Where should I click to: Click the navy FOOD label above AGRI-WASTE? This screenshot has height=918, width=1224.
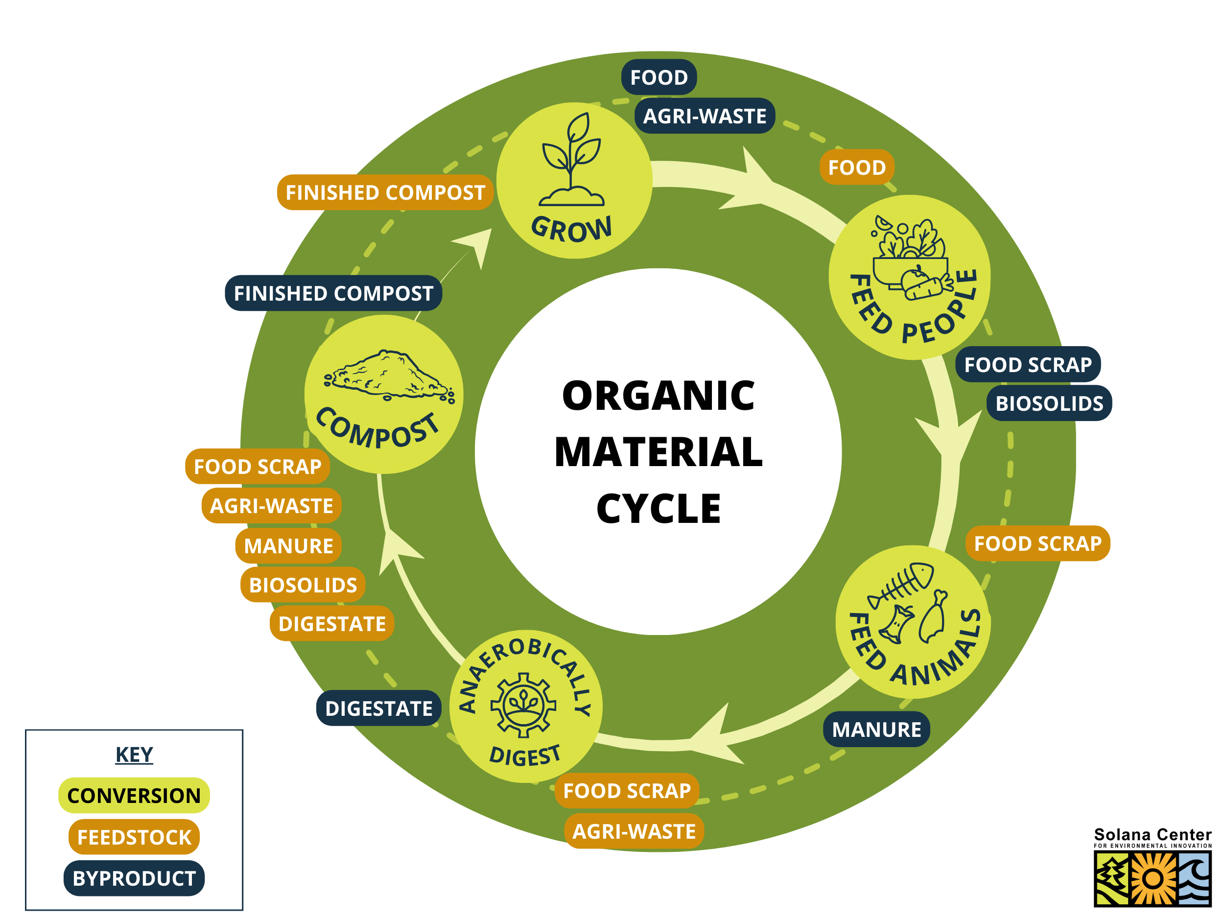(x=659, y=77)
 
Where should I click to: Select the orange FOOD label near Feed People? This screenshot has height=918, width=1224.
(x=857, y=167)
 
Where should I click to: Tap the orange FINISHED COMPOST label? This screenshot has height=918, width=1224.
(x=385, y=192)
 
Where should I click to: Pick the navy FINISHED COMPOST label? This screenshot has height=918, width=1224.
(x=333, y=293)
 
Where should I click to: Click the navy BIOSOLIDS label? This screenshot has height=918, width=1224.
(x=1049, y=403)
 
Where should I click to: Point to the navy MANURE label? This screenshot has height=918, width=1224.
(x=876, y=730)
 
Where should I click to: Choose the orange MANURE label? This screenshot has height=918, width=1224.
(x=288, y=545)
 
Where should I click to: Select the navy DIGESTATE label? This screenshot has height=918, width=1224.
(x=378, y=708)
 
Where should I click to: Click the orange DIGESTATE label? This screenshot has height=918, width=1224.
(x=332, y=624)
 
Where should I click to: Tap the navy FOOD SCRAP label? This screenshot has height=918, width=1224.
(x=1028, y=365)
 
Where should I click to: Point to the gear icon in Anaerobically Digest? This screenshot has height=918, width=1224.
(x=523, y=705)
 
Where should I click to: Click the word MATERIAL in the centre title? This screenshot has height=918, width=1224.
(x=659, y=452)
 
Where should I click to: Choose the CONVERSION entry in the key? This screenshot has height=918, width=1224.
(x=134, y=795)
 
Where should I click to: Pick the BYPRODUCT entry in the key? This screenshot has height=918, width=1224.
(x=134, y=878)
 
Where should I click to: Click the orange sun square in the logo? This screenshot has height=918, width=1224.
(x=1153, y=878)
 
